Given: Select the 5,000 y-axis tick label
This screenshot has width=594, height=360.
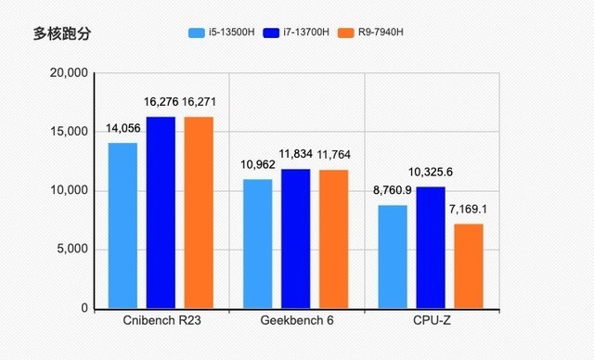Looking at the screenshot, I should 69,250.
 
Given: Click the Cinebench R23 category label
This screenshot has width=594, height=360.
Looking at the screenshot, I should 161,321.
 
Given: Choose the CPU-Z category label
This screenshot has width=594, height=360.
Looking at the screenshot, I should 431,321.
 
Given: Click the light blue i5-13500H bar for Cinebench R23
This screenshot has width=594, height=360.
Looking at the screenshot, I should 123,225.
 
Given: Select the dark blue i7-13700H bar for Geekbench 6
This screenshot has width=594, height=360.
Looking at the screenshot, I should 295,238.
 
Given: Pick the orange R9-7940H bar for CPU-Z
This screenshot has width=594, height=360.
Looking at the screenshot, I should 469,265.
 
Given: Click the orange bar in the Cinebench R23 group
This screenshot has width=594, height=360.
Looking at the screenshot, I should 199,212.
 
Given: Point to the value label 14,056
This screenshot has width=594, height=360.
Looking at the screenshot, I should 123,130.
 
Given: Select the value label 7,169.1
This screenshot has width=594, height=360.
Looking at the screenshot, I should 469,210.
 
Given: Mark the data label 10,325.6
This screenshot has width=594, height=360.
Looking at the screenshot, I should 431,173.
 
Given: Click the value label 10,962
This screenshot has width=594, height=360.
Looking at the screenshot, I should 257,165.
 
